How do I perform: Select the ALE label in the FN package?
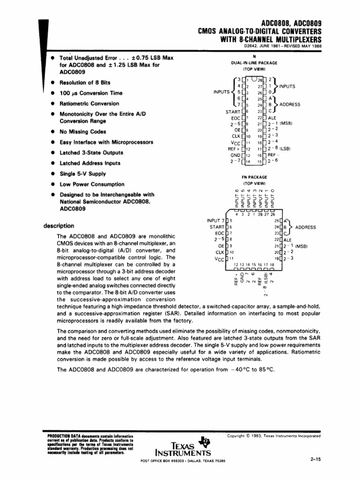pyautogui.click(x=287, y=240)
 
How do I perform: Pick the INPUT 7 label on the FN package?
pyautogui.click(x=215, y=220)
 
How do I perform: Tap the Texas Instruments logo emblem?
pyautogui.click(x=204, y=441)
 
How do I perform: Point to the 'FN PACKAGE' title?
pyautogui.click(x=255, y=177)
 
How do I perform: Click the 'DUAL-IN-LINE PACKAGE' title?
pyautogui.click(x=254, y=63)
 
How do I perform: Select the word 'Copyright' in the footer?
pyautogui.click(x=238, y=435)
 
